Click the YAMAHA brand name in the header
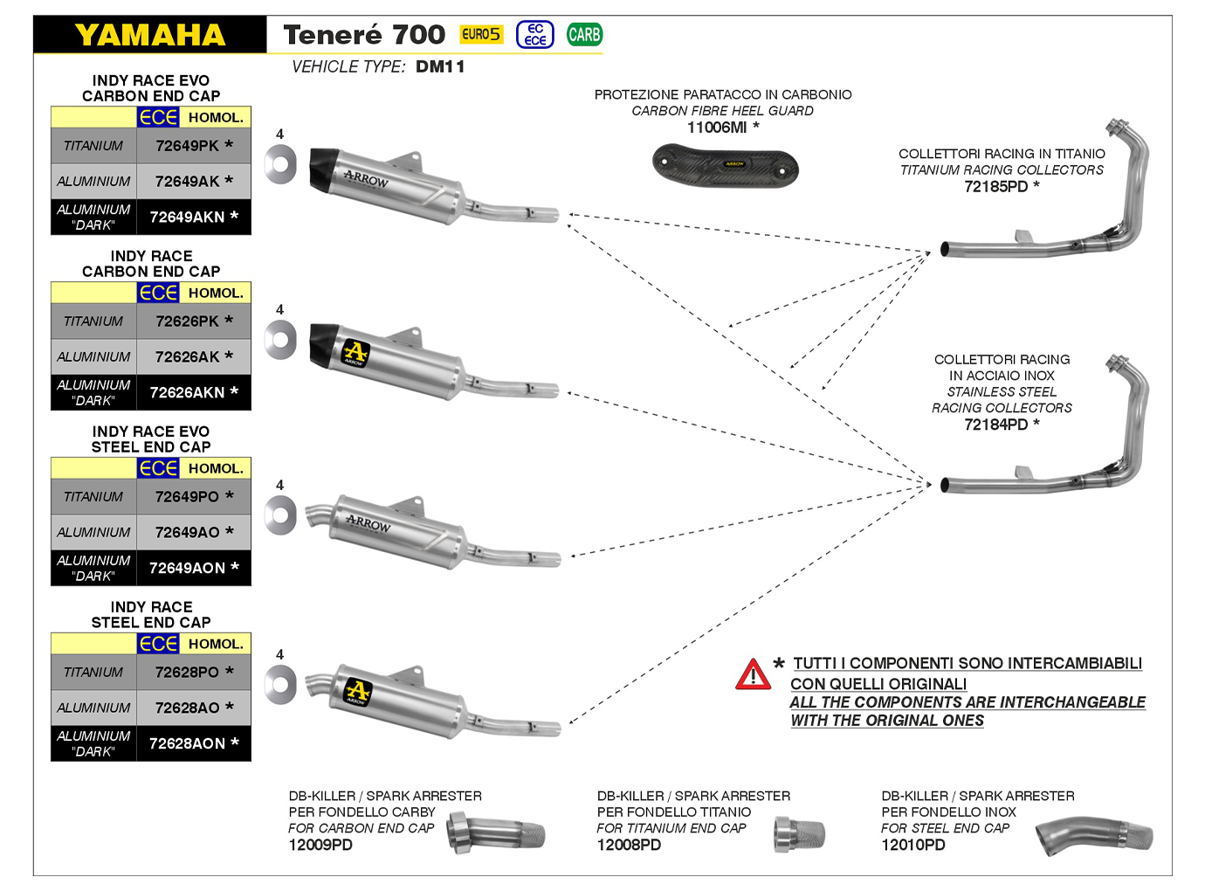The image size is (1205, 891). coord(150,35)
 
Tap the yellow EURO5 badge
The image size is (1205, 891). coord(481,34)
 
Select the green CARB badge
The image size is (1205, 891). coord(584,35)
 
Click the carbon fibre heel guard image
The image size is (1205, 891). coord(725,165)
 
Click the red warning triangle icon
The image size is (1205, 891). coord(753,675)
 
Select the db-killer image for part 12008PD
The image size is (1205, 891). coord(799,835)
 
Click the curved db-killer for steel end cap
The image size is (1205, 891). coord(1095,837)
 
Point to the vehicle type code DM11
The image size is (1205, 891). coord(440,67)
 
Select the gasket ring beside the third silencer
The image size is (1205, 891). coord(280,515)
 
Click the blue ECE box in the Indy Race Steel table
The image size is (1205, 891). coord(158,644)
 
